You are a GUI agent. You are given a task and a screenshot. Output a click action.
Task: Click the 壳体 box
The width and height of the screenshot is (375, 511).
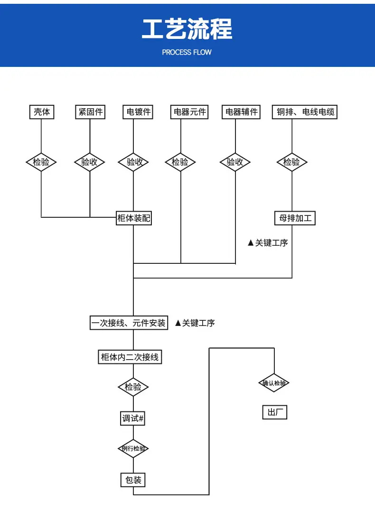click(42, 112)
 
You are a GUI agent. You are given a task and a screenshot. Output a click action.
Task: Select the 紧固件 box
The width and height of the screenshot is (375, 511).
click(90, 112)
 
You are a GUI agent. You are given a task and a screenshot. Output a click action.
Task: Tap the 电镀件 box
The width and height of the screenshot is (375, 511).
click(138, 112)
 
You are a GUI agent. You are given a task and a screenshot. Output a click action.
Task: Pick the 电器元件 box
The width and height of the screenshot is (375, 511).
click(189, 112)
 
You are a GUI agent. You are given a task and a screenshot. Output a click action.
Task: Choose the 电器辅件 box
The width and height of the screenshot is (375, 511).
click(241, 112)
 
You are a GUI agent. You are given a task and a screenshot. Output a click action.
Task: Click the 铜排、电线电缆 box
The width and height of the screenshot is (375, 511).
click(305, 112)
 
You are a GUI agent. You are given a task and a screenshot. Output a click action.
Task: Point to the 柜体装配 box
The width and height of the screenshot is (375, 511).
click(134, 218)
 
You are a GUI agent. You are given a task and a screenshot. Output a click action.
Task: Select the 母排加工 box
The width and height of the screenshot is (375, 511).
click(295, 218)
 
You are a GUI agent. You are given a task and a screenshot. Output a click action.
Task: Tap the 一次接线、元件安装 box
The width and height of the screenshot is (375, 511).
click(129, 323)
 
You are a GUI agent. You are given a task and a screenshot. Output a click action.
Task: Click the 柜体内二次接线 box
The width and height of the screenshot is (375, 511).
click(130, 357)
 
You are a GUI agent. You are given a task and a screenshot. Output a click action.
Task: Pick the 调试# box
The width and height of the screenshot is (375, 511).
click(133, 418)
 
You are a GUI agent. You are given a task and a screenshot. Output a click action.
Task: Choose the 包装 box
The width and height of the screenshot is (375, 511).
click(133, 480)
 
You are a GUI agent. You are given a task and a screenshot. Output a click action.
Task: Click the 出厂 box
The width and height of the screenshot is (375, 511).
click(275, 412)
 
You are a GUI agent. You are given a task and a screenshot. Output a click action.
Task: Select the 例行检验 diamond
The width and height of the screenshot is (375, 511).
click(133, 448)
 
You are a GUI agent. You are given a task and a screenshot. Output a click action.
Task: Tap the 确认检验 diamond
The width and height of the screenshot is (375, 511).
click(274, 383)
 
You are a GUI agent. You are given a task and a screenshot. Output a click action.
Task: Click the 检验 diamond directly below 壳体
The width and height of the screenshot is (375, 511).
click(41, 162)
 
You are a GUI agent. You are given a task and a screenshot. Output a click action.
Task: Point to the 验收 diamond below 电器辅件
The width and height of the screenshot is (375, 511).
click(235, 162)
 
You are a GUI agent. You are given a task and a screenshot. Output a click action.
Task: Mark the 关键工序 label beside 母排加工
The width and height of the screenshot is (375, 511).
click(268, 243)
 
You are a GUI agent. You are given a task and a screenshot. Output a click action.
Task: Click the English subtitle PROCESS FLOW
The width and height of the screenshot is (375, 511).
click(187, 52)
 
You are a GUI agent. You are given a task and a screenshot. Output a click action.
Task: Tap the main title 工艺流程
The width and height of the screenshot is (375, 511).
click(187, 29)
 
